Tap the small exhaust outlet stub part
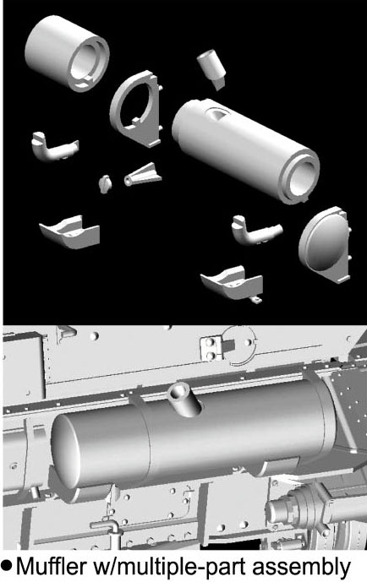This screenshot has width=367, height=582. click(x=211, y=68)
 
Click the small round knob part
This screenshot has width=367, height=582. click(x=105, y=183)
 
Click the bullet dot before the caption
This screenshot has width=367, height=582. click(x=7, y=567)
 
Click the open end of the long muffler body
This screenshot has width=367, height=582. click(x=299, y=177)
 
